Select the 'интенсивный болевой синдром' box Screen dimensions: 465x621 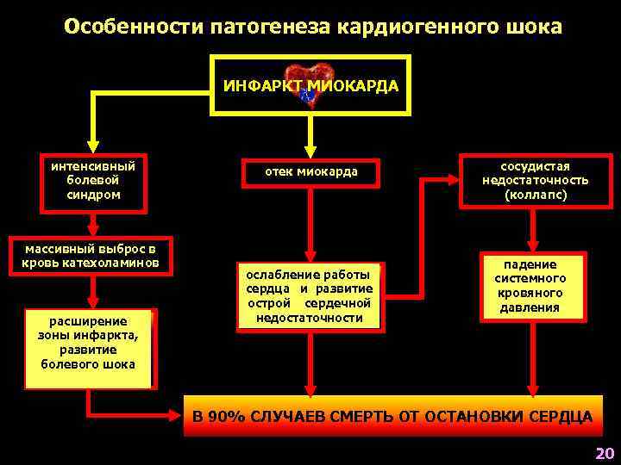coord(93,181)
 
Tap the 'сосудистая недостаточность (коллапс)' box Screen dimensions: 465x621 coord(536,181)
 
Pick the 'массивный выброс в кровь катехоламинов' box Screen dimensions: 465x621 coord(91,256)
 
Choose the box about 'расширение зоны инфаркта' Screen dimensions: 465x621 coord(88,343)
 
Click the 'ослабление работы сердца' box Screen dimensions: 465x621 coord(310,295)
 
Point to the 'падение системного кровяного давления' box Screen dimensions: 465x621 coord(535,287)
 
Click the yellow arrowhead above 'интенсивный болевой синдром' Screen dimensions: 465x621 coord(93,147)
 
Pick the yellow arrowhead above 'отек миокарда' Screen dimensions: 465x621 coord(311,147)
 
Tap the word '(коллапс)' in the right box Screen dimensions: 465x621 coord(536,195)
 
